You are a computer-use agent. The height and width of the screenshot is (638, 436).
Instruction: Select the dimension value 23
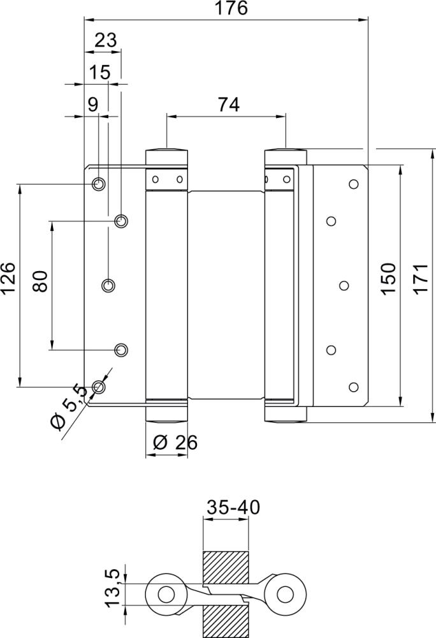tap(106, 41)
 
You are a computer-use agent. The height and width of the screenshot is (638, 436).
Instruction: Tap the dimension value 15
tap(100, 72)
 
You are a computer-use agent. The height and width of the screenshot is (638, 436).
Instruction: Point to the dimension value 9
tap(93, 105)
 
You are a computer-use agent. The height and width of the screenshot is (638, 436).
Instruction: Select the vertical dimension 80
tap(40, 281)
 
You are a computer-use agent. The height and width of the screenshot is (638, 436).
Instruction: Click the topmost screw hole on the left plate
tap(98, 184)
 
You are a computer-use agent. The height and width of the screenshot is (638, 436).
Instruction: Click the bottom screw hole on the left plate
tap(98, 387)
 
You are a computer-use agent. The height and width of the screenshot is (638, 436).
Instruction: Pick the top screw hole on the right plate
tap(352, 184)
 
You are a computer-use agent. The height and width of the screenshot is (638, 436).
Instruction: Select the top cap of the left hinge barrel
tap(166, 154)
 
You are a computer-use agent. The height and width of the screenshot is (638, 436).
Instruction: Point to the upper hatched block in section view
tap(225, 567)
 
